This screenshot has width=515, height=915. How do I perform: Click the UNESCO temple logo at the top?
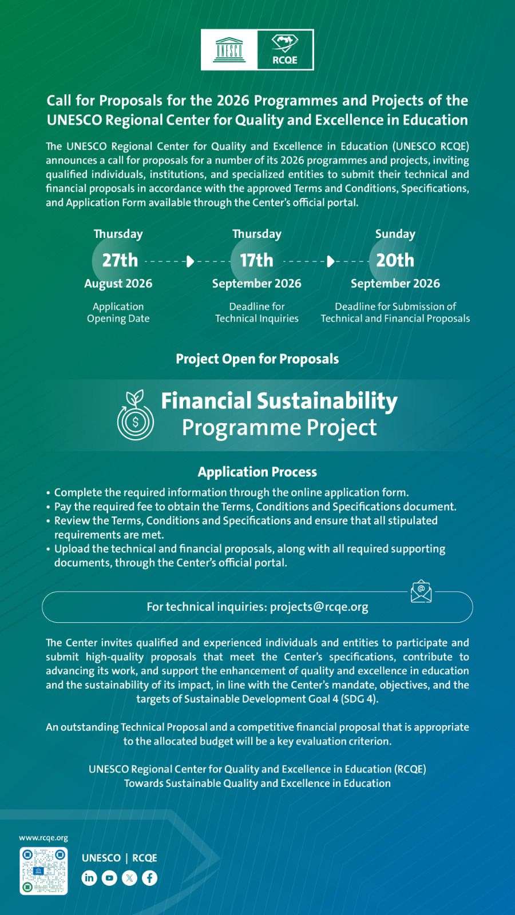[229, 50]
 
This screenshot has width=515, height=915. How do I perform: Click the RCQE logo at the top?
[285, 50]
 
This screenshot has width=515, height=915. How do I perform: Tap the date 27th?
[120, 260]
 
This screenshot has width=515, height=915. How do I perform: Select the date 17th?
[256, 260]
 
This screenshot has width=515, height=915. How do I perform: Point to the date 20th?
[395, 260]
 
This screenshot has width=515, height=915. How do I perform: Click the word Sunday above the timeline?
[395, 234]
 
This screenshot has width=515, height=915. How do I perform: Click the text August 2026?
[118, 284]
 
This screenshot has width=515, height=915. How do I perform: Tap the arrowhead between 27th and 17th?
[190, 261]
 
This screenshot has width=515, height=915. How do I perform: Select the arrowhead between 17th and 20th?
[331, 261]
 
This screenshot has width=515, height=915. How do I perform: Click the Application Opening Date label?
[118, 312]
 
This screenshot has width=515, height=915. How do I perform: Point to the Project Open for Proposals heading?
[257, 359]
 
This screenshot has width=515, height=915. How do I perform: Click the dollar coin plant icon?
[135, 415]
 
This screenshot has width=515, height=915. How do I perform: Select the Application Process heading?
[257, 472]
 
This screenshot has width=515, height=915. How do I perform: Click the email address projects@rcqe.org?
[319, 607]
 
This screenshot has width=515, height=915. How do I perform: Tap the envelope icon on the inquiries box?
[421, 591]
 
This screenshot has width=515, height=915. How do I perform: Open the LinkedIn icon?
[89, 878]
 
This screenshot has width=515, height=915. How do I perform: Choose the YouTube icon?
[109, 878]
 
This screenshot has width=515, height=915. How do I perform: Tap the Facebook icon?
[149, 878]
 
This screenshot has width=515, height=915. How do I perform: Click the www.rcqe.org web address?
[43, 838]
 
